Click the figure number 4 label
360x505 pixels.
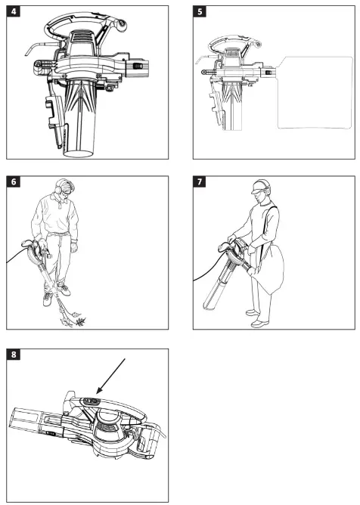(13, 11)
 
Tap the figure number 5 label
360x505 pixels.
(200, 11)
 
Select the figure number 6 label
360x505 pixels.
(13, 181)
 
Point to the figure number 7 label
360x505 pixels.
(200, 181)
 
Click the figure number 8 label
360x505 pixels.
(13, 355)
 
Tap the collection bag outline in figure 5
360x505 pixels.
(315, 93)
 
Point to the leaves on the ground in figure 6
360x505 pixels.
(73, 320)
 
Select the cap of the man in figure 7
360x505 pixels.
(259, 186)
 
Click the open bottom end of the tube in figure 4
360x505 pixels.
(79, 153)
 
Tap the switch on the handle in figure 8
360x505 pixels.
(91, 401)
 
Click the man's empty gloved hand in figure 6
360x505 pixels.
(74, 247)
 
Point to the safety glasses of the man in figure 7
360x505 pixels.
(256, 192)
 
